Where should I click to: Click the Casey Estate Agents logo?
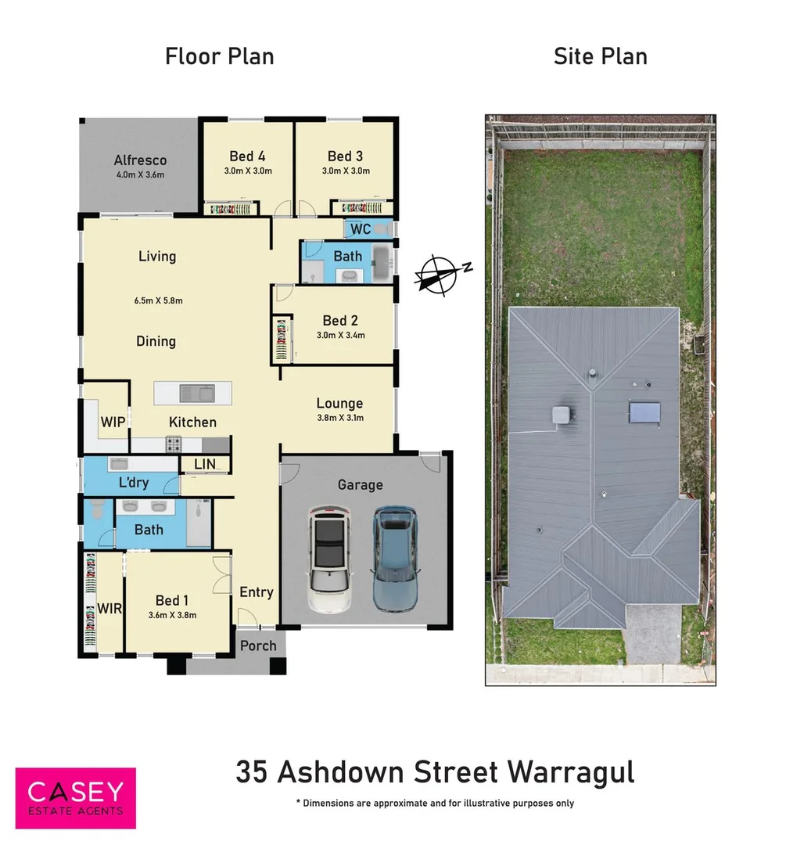pos(76,797)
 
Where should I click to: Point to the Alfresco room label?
pos(140,160)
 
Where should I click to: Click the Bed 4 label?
pos(247,156)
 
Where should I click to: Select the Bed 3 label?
pos(345,156)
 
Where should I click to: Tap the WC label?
pos(361,229)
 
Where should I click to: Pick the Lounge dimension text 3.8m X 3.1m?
pos(339,418)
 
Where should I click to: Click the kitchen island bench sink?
pos(192,392)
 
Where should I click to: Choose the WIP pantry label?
pos(113,422)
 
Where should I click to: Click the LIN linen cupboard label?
pos(204,464)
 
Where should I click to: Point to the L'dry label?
pos(134,483)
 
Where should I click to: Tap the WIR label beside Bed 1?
pos(109,608)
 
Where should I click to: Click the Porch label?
pos(258,645)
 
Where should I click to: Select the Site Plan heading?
pos(600,56)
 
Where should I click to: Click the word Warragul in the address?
pos(570,771)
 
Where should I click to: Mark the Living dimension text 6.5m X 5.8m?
pos(159,300)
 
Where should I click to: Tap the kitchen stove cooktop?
pos(174,444)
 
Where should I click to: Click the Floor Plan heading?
pos(219,56)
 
